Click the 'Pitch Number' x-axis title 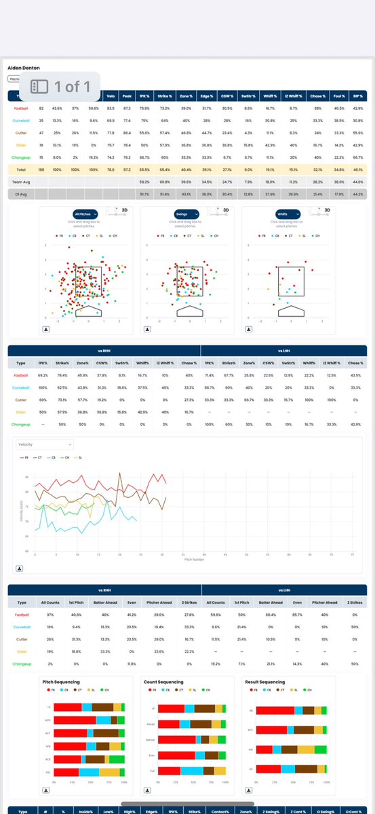[194, 560]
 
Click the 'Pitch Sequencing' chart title [80, 682]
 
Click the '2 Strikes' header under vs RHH [187, 602]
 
